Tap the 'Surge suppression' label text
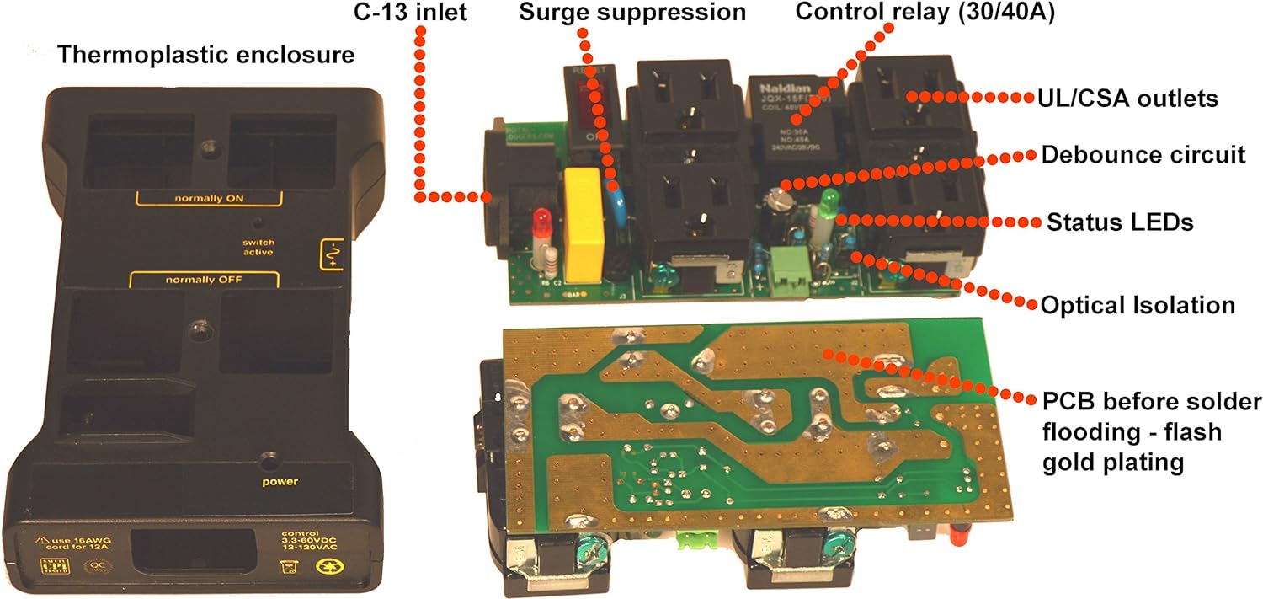(631, 13)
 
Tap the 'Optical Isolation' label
(1138, 305)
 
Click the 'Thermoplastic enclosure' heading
(205, 56)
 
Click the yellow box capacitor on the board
(580, 223)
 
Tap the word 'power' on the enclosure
(279, 483)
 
